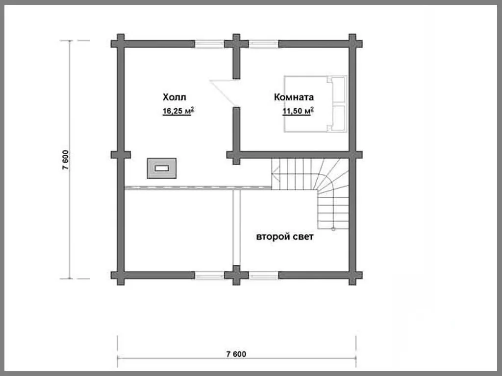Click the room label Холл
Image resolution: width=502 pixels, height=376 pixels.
(x=174, y=97)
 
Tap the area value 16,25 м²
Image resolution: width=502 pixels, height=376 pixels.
(x=178, y=111)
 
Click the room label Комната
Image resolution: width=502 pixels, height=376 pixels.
(x=294, y=97)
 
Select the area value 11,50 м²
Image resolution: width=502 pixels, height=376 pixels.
(x=298, y=111)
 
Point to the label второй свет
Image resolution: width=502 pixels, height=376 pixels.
(x=285, y=236)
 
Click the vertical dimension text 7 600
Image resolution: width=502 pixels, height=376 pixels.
(x=65, y=160)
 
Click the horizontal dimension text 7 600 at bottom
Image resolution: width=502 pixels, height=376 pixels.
(x=236, y=354)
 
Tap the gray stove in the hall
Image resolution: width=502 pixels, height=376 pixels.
(x=162, y=168)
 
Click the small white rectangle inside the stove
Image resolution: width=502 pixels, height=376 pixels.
(x=162, y=168)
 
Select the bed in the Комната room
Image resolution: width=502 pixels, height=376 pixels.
(x=316, y=104)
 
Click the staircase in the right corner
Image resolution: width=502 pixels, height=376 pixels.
(x=310, y=193)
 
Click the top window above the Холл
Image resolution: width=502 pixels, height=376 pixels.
(x=209, y=44)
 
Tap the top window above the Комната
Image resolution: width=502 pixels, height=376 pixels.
(x=263, y=44)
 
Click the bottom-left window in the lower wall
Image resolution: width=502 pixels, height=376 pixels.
(x=209, y=275)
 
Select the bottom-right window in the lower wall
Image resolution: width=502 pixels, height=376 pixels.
(x=263, y=275)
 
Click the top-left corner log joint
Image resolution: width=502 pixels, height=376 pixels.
(x=121, y=44)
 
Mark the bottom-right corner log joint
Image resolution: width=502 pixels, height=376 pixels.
(x=352, y=275)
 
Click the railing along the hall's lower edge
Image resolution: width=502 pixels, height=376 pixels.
(x=198, y=188)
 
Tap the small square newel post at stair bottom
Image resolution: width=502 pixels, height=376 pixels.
(x=333, y=229)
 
